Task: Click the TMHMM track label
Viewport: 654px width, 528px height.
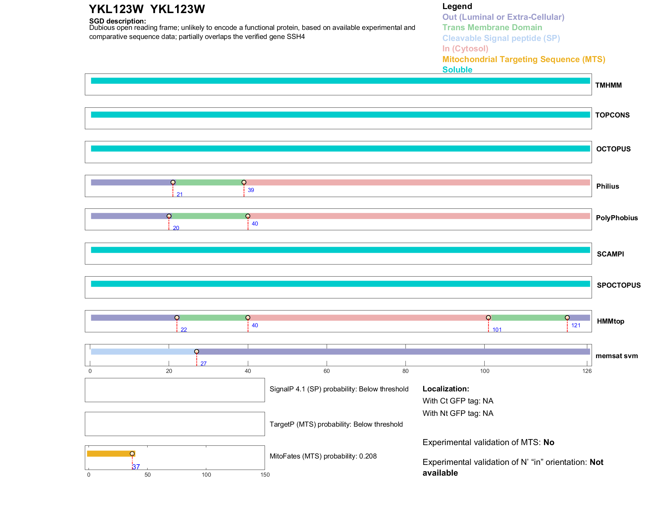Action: click(x=608, y=85)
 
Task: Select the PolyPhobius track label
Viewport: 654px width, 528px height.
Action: click(x=616, y=218)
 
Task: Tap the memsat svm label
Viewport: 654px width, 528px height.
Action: click(x=616, y=356)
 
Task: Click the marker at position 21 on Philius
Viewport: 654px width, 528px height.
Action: click(x=173, y=182)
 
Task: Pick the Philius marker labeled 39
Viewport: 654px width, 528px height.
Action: click(x=244, y=182)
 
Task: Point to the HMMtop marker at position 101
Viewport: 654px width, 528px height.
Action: click(x=488, y=318)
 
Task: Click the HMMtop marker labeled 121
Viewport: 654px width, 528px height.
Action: click(x=567, y=318)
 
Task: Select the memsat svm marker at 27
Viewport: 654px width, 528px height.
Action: click(x=197, y=351)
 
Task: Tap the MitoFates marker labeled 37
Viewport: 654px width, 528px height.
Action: click(x=132, y=453)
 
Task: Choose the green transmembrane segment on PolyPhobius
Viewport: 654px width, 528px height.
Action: click(x=208, y=216)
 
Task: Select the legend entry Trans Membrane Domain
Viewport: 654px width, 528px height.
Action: click(x=492, y=28)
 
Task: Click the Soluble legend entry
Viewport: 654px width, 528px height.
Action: click(x=457, y=70)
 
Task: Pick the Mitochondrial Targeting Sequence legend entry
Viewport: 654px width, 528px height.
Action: click(x=524, y=59)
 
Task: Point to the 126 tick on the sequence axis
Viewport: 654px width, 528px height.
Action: click(x=587, y=371)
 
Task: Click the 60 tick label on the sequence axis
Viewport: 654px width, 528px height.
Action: click(x=327, y=371)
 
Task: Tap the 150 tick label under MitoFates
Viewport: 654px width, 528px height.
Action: click(x=265, y=475)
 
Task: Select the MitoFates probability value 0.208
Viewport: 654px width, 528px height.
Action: click(x=368, y=456)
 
